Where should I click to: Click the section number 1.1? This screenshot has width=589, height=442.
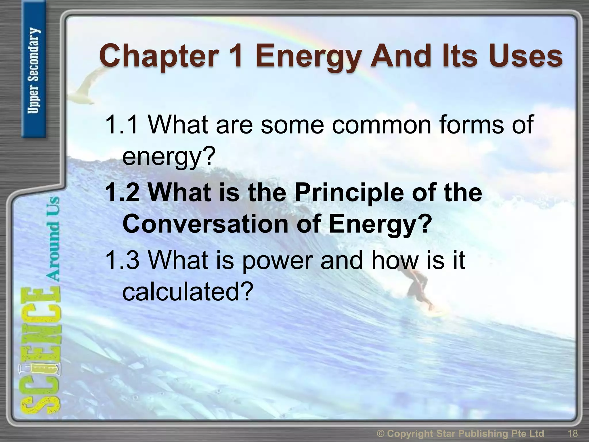[x=121, y=125]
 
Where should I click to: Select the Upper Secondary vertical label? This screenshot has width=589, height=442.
[x=34, y=71]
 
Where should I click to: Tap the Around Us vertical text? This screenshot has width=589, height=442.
[x=53, y=239]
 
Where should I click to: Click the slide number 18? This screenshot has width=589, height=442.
[x=573, y=433]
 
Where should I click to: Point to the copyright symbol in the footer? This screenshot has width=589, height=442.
[x=380, y=433]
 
